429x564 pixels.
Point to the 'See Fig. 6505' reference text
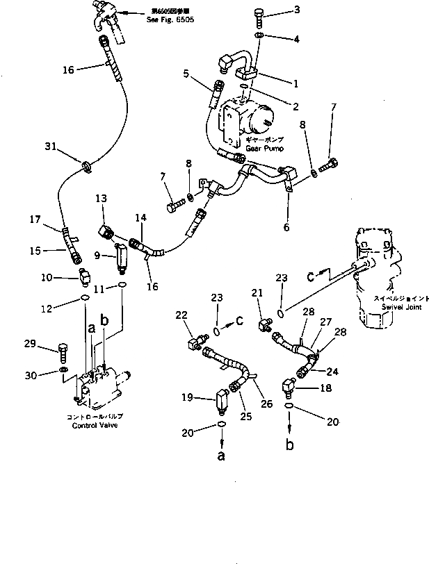point(171,21)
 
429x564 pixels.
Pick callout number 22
point(182,316)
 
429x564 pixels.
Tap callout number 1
point(296,83)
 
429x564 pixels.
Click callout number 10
point(47,279)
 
